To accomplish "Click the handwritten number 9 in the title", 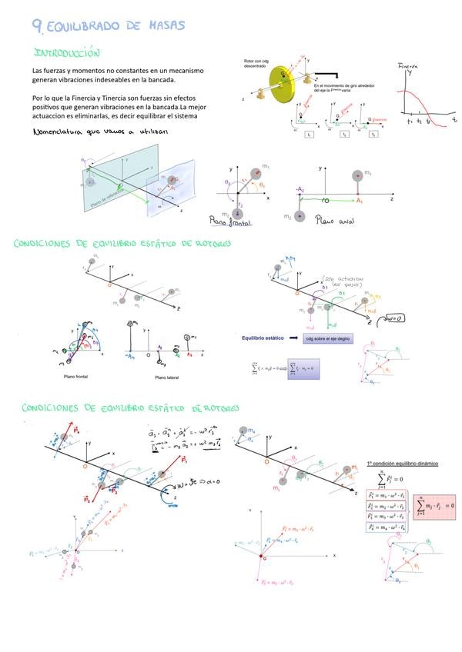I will click(x=38, y=25).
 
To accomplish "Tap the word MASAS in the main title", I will click(x=164, y=26).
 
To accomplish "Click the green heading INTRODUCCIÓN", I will click(x=68, y=54).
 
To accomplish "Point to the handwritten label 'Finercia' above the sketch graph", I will click(x=407, y=68).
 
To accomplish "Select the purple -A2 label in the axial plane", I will click(x=300, y=189).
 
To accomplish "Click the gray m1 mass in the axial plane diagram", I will click(x=357, y=175).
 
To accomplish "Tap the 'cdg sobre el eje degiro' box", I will click(x=328, y=338).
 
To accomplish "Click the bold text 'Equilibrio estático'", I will click(x=264, y=338).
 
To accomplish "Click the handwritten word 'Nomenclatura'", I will click(x=60, y=132).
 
